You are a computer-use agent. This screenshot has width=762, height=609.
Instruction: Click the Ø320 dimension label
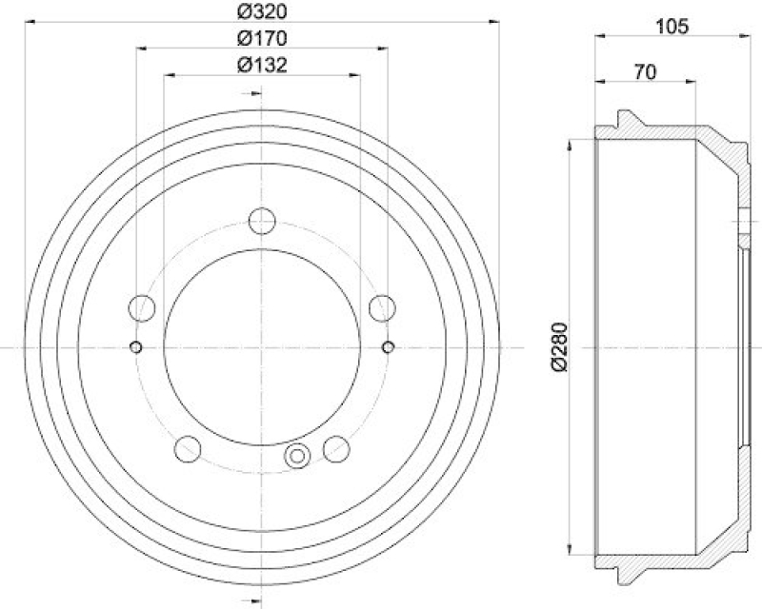click(262, 11)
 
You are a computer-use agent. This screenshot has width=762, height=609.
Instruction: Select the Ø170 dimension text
click(262, 38)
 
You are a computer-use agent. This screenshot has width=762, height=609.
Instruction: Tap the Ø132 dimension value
click(262, 65)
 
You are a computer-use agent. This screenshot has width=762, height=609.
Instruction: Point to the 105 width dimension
click(672, 26)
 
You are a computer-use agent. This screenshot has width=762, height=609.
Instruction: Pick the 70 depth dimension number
click(644, 70)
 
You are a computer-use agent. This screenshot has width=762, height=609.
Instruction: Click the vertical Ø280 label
click(560, 348)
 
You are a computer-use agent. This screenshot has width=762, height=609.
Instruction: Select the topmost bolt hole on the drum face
click(261, 221)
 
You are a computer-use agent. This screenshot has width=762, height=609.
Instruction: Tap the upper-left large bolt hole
click(142, 306)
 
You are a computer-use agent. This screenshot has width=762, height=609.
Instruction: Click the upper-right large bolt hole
click(382, 306)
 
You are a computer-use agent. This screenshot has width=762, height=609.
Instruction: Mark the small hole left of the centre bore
click(136, 345)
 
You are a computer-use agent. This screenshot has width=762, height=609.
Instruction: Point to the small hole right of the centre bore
click(388, 345)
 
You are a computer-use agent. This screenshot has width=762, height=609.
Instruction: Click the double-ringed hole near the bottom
click(297, 458)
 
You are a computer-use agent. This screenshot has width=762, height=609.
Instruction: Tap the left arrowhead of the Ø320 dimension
click(26, 19)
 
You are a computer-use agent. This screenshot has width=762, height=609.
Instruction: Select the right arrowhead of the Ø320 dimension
click(496, 19)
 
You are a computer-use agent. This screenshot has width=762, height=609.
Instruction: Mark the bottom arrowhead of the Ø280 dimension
click(570, 551)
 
